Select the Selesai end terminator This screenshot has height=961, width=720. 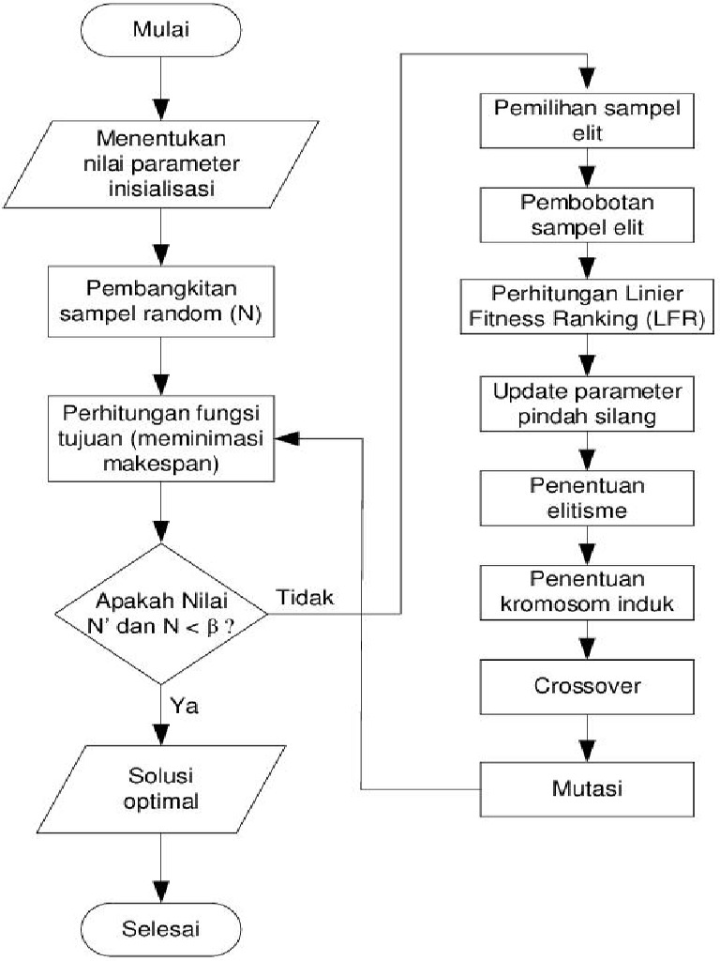[162, 929]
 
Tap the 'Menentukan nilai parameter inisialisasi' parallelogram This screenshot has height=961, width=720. [162, 163]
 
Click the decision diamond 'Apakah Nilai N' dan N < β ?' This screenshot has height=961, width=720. [162, 614]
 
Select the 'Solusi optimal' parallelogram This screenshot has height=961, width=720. [162, 790]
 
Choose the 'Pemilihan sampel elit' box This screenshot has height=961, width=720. [588, 117]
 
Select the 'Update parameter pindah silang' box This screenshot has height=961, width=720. [588, 402]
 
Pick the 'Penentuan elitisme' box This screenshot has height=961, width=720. [588, 499]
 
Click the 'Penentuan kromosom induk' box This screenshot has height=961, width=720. [588, 592]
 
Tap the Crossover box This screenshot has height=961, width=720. [588, 686]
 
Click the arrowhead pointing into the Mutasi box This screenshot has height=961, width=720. [588, 751]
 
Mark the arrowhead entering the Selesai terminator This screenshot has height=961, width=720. [162, 892]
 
